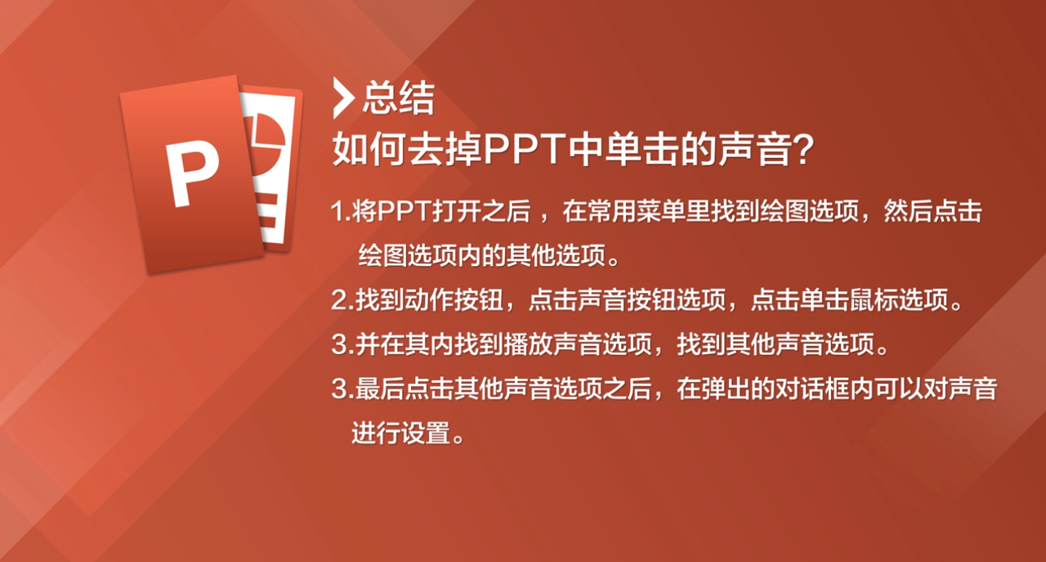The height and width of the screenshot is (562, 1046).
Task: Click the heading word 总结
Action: (x=399, y=97)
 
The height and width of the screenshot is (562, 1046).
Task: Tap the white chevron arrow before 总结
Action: (x=343, y=97)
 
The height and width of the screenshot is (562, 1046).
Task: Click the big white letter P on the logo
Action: (x=192, y=172)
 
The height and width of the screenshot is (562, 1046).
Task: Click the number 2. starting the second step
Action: (x=342, y=299)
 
